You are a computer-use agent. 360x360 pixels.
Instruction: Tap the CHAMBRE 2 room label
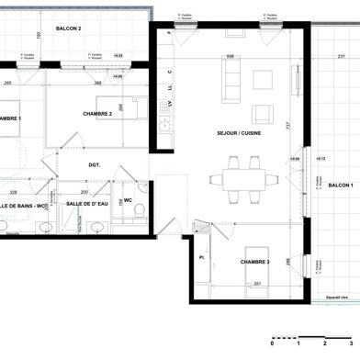pyautogui.click(x=97, y=114)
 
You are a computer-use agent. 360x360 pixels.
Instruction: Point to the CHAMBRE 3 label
pyautogui.click(x=254, y=262)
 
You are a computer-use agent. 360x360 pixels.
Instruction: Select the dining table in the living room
pyautogui.click(x=244, y=176)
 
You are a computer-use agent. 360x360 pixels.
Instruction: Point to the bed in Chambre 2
pyautogui.click(x=120, y=107)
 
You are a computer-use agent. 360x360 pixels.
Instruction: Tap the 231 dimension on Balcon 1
pyautogui.click(x=341, y=57)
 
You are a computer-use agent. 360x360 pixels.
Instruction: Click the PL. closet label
pyautogui.click(x=201, y=258)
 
